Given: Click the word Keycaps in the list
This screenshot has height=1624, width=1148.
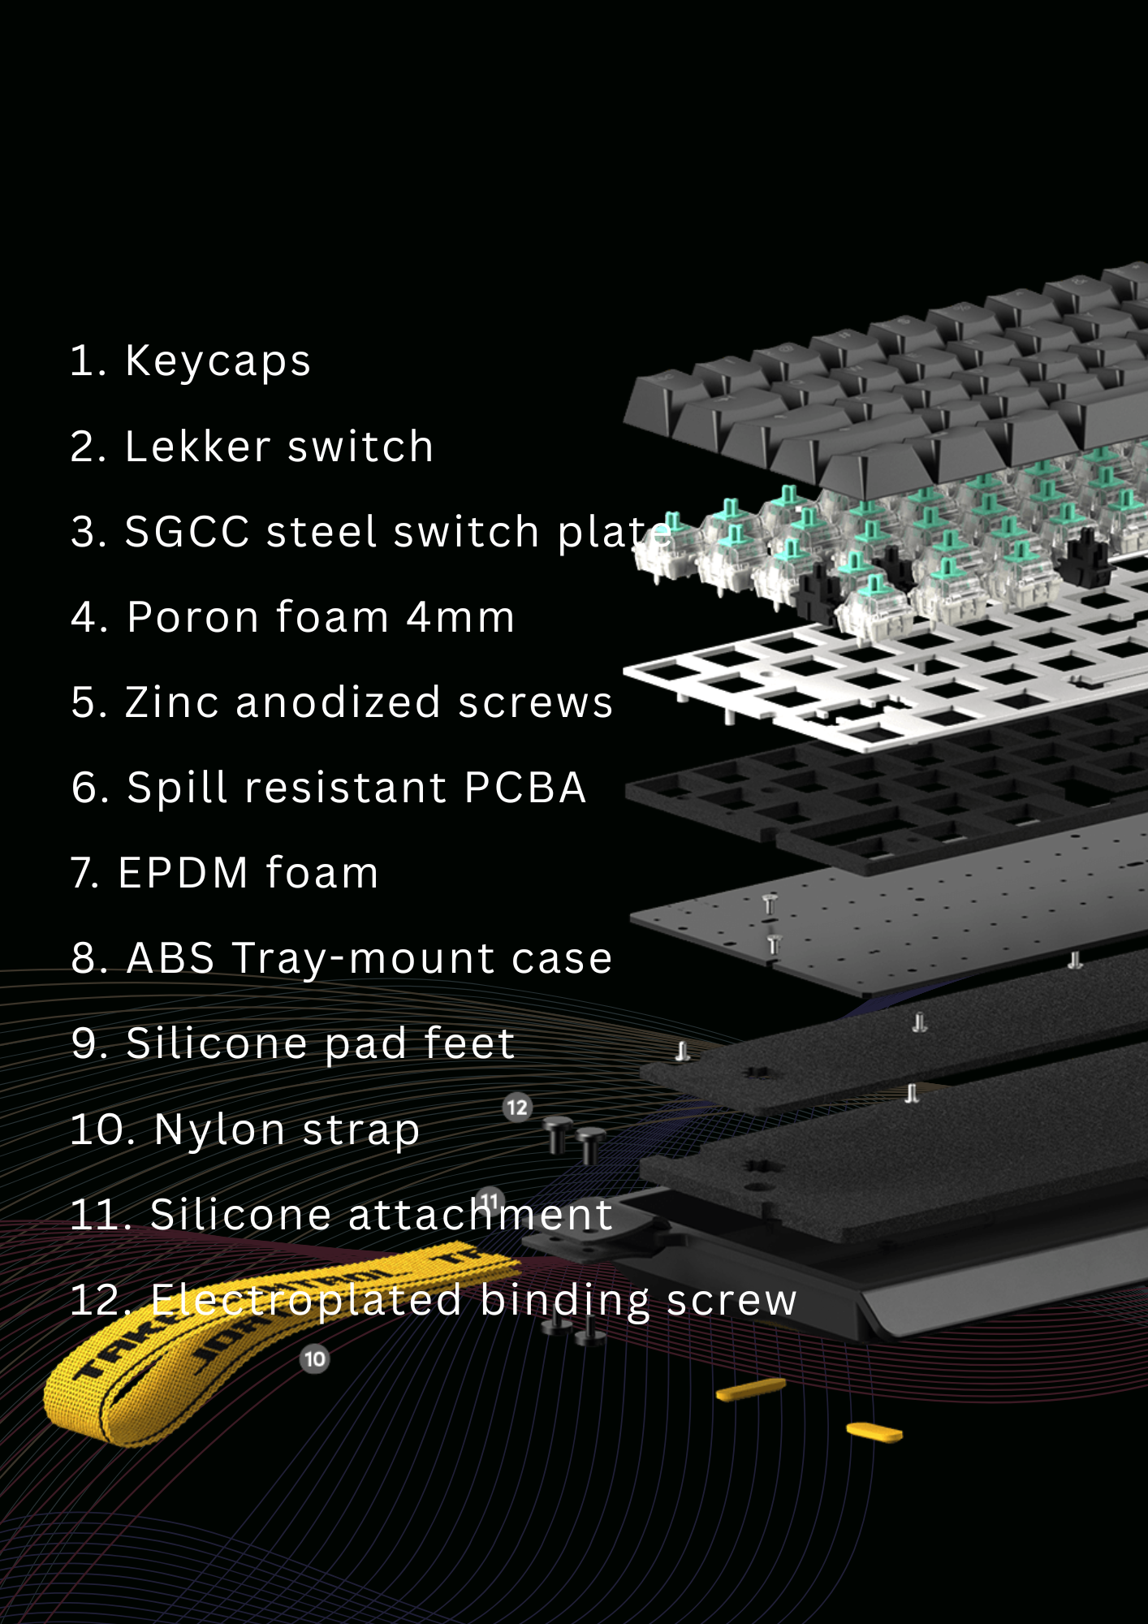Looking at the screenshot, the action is (x=218, y=361).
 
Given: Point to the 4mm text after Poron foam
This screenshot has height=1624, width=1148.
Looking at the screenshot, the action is (x=460, y=617).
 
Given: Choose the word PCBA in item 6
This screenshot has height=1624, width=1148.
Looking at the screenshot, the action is (x=525, y=788).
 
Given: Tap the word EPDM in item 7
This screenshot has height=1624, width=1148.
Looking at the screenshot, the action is (x=183, y=873).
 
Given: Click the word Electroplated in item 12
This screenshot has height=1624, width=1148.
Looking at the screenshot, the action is (x=306, y=1301).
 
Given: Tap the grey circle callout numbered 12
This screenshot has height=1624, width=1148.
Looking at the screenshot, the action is (x=517, y=1108).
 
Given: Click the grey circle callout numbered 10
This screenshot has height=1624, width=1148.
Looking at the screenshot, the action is (x=315, y=1358).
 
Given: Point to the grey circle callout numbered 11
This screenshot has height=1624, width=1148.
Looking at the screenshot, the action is (x=490, y=1200).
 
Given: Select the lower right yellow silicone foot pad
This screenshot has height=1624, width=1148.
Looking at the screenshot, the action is (x=874, y=1432).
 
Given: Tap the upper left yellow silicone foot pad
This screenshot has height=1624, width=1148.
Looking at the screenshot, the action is (x=751, y=1389).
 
